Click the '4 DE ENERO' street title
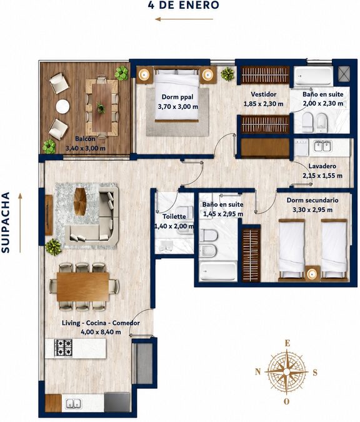click(184, 5)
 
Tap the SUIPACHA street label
click(6, 223)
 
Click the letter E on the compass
click(287, 343)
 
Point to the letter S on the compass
click(315, 373)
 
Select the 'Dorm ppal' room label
click(177, 97)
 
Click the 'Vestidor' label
click(264, 94)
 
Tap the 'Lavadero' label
click(322, 166)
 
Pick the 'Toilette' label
click(174, 216)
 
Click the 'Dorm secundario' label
click(312, 200)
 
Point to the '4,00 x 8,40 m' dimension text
click(101, 332)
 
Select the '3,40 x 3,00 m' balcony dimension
click(86, 148)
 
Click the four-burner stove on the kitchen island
click(64, 348)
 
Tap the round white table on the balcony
click(62, 106)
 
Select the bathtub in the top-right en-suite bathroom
click(314, 76)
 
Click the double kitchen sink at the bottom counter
click(74, 404)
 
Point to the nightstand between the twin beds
click(312, 273)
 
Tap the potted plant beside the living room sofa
click(53, 246)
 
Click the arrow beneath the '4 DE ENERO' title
click(184, 19)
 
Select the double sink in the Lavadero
click(322, 146)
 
